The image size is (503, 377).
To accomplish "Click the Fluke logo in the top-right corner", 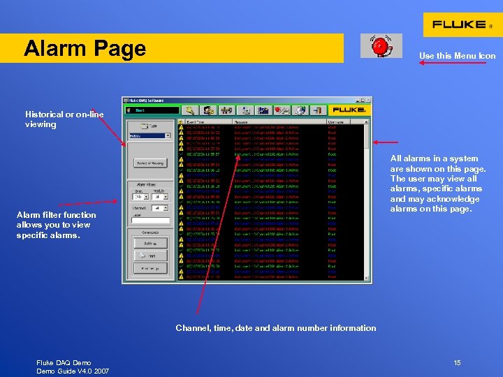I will (462, 24).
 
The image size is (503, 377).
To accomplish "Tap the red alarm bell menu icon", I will (381, 46).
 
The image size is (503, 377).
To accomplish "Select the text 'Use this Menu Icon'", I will (457, 56).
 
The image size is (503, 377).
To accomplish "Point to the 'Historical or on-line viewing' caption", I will (64, 119).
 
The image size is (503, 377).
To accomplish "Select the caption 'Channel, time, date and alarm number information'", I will (275, 328).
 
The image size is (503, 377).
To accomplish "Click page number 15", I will (457, 362).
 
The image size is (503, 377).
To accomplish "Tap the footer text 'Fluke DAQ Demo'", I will (64, 362).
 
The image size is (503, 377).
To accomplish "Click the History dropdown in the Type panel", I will (150, 136).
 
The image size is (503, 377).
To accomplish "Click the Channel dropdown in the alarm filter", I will (161, 208).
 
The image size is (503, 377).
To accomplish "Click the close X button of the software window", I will (367, 101).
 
